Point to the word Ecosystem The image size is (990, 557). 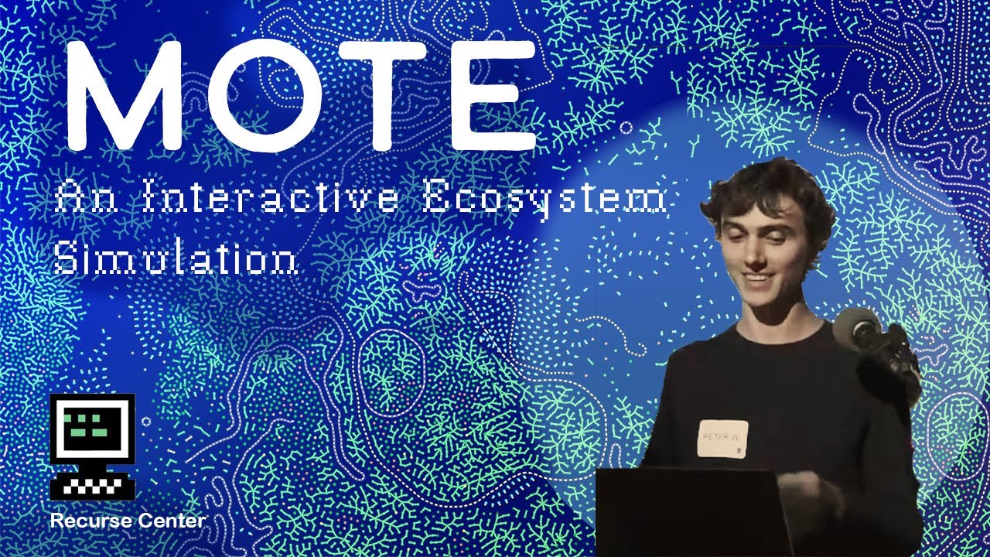[x=545, y=200]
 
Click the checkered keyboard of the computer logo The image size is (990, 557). [x=93, y=486]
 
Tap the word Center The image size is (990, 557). [x=171, y=521]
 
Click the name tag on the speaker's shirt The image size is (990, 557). [x=722, y=439]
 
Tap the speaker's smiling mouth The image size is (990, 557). [x=756, y=277]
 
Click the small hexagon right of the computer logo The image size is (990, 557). [x=146, y=421]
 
